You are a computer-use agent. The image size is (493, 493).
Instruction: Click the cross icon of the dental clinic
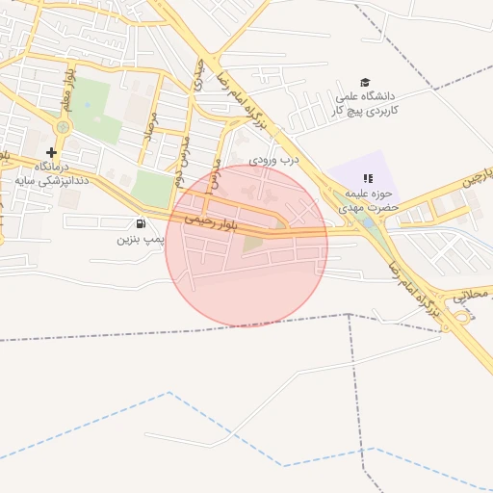pos(52,152)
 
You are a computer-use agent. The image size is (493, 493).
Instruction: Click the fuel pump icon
pos(143,224)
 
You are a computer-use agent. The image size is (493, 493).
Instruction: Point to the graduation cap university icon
pos(365,83)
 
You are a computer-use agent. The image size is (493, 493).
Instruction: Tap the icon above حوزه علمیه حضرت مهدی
pos(367,178)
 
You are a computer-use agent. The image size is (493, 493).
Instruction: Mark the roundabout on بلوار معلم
pos(64,126)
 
